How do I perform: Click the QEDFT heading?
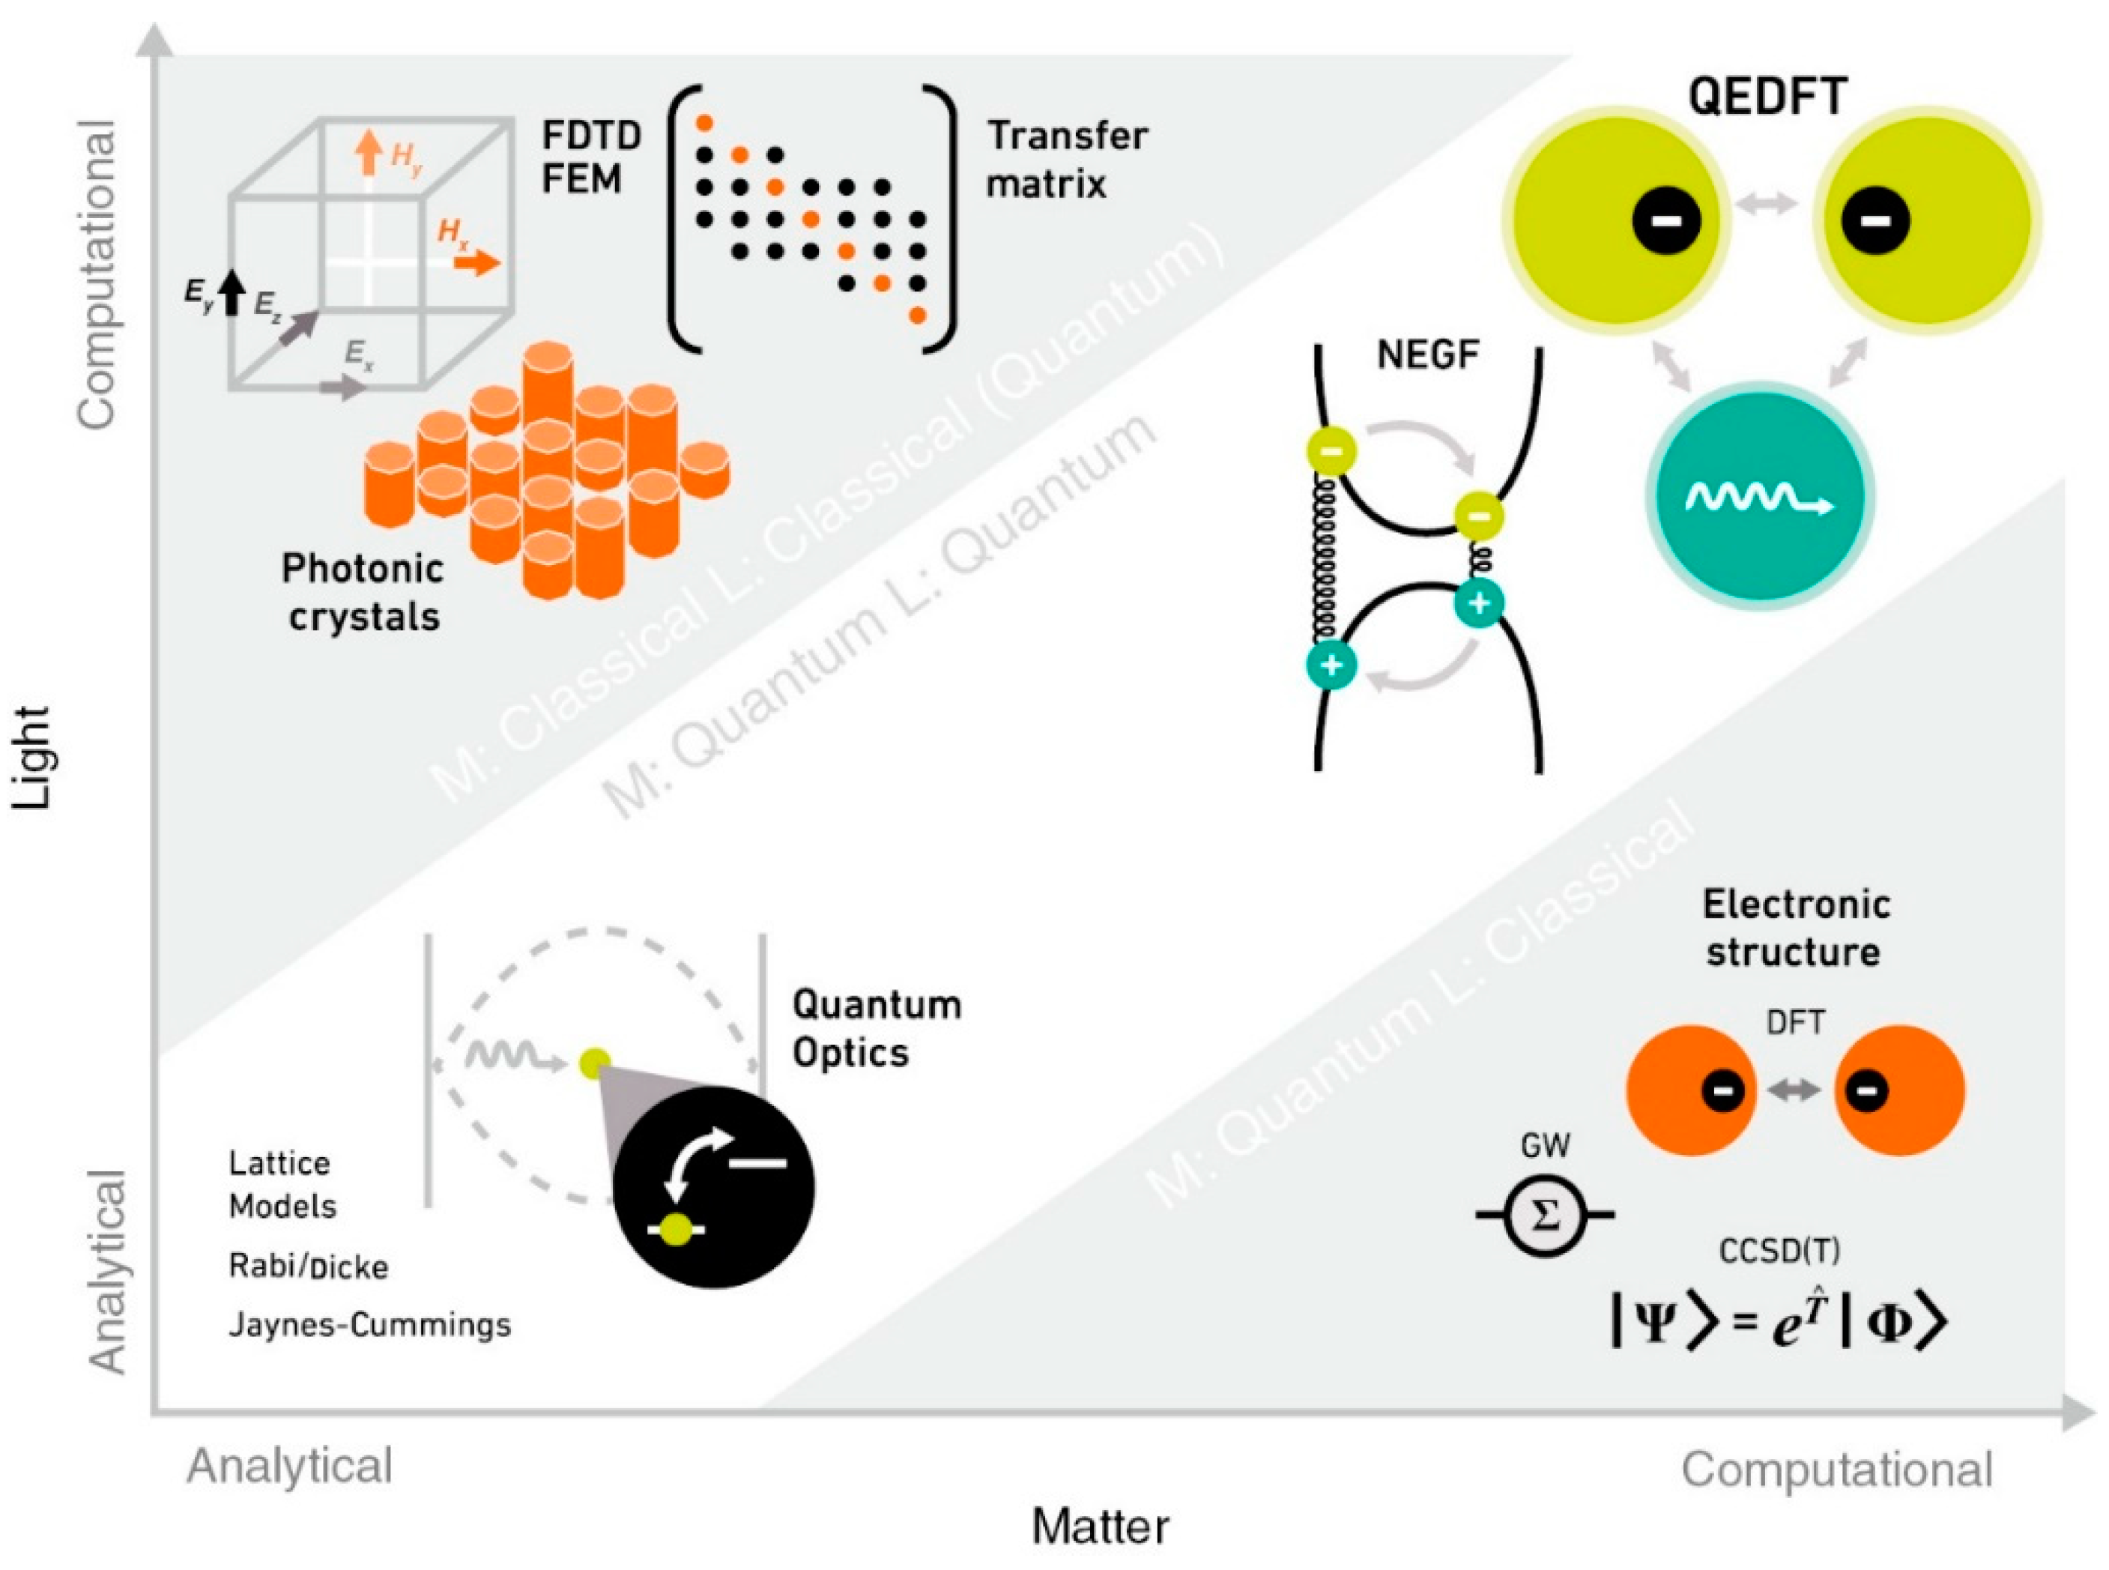[x=1768, y=96]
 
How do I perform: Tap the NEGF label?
[x=1427, y=354]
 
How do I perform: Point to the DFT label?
[x=1794, y=1024]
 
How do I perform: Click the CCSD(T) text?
[x=1779, y=1251]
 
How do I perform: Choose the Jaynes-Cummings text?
[x=369, y=1325]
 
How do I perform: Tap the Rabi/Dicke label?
[x=309, y=1266]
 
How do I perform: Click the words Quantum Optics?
[x=876, y=1028]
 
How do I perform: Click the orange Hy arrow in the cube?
[x=369, y=152]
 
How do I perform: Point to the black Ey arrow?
[x=231, y=292]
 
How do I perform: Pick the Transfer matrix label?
[x=1066, y=159]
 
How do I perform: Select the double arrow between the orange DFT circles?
[x=1794, y=1090]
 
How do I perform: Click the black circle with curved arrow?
[x=712, y=1188]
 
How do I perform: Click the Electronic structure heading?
[x=1794, y=928]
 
